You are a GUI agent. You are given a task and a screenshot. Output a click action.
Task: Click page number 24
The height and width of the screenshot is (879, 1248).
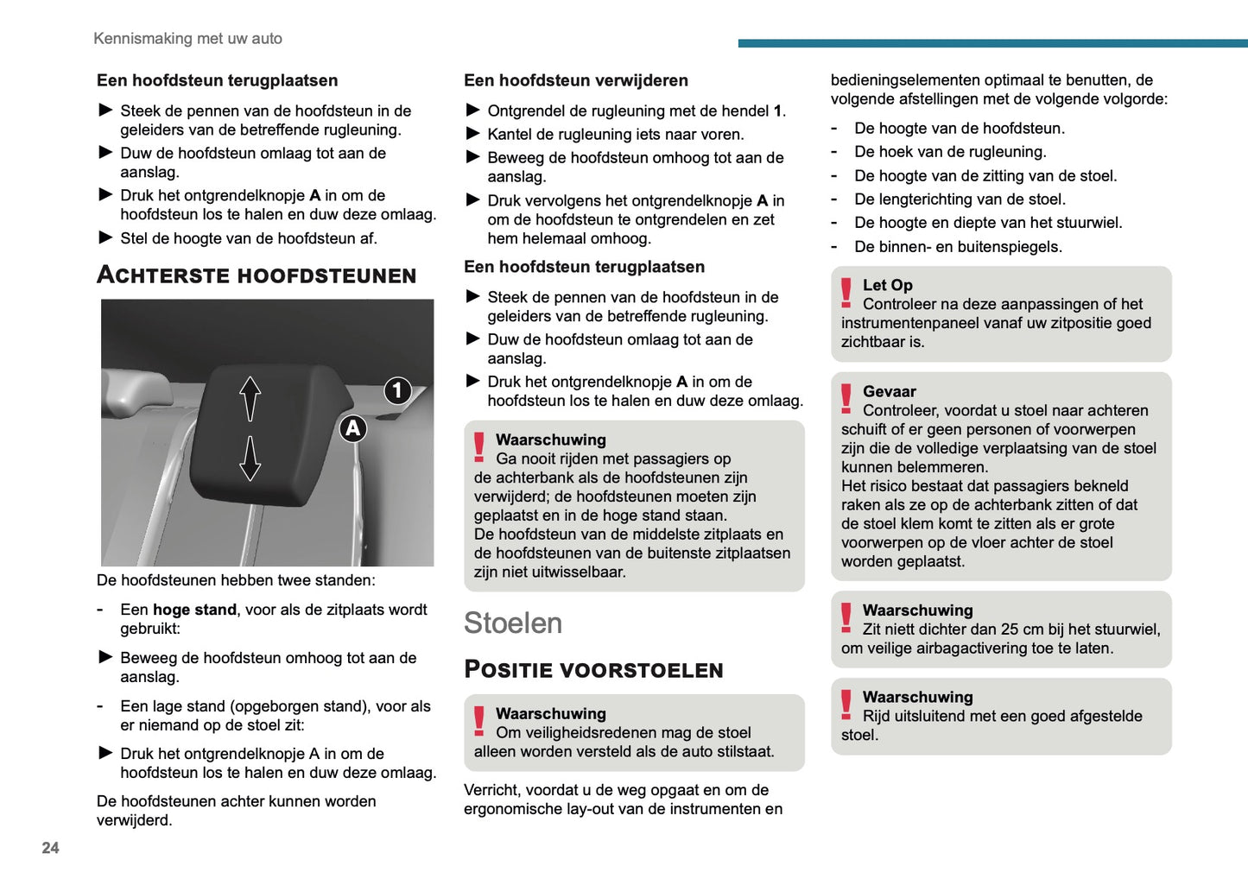click(x=50, y=848)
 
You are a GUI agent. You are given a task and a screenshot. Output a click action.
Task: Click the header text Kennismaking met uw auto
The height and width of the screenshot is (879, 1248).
click(x=187, y=39)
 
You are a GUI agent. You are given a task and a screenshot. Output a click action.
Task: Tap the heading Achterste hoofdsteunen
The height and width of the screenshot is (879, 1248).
click(x=257, y=275)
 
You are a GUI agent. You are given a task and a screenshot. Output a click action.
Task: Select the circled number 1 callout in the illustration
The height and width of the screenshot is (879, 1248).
click(x=397, y=390)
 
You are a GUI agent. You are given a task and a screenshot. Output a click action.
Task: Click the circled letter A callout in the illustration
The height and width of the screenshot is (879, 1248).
click(x=352, y=428)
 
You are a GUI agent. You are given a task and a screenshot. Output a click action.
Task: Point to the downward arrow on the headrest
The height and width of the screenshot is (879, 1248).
click(x=250, y=458)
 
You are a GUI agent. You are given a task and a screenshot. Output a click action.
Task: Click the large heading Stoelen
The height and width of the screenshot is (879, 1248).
click(x=513, y=623)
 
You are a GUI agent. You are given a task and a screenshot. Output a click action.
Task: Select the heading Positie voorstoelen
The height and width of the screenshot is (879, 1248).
click(x=593, y=670)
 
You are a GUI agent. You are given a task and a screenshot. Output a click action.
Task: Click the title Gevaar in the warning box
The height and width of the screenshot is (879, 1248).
click(x=889, y=391)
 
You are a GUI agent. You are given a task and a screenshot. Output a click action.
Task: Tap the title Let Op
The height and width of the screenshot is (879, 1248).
click(x=887, y=285)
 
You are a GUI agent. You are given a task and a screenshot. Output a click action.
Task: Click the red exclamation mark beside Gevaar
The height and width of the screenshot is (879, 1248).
click(x=846, y=398)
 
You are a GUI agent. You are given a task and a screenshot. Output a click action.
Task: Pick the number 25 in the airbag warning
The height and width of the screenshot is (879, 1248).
click(x=1010, y=629)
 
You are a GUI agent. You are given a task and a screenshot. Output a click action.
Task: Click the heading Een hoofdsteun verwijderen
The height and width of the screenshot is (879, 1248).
click(x=575, y=80)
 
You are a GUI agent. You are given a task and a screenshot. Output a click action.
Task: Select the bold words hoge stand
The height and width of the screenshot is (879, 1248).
click(x=194, y=610)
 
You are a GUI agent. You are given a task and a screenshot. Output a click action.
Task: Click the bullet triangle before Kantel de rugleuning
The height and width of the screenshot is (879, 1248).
click(x=472, y=134)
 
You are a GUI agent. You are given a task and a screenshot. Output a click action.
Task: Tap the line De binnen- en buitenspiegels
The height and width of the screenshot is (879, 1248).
click(x=958, y=247)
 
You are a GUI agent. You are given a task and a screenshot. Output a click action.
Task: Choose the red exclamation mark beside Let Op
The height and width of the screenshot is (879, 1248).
click(x=846, y=292)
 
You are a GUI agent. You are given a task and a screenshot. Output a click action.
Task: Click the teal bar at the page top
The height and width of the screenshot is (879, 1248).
click(x=992, y=43)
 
